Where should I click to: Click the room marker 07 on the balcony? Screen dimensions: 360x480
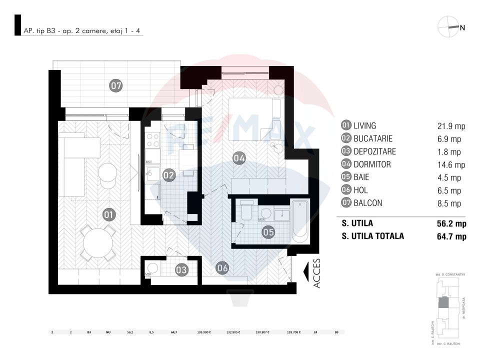pyautogui.click(x=116, y=86)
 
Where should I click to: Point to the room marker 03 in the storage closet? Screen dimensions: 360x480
pyautogui.click(x=181, y=270)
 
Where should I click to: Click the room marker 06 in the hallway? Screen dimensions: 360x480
pyautogui.click(x=222, y=268)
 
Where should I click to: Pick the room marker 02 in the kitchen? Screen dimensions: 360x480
pyautogui.click(x=168, y=175)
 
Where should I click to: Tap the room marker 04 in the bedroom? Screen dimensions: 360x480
pyautogui.click(x=239, y=158)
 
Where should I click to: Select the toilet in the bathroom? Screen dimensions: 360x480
pyautogui.click(x=246, y=211)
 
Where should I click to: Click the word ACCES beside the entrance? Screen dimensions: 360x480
pyautogui.click(x=317, y=273)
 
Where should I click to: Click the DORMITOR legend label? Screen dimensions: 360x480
pyautogui.click(x=371, y=164)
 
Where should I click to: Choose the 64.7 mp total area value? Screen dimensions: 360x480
pyautogui.click(x=451, y=236)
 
